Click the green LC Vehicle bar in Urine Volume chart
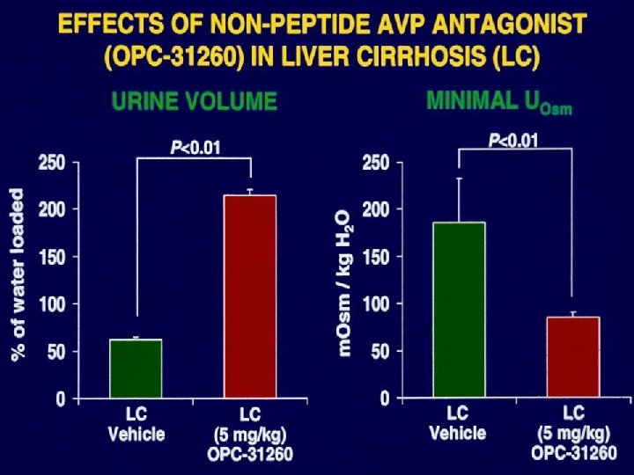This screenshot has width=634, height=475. (136, 369)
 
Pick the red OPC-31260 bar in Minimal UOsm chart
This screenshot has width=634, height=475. (573, 357)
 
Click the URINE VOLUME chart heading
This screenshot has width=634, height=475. (194, 102)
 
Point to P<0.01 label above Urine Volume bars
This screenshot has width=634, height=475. (195, 148)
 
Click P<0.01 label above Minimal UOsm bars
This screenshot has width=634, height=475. (513, 141)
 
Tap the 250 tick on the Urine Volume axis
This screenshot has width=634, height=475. (52, 163)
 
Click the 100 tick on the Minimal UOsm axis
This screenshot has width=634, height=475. (377, 304)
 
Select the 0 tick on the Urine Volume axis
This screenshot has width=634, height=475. (60, 399)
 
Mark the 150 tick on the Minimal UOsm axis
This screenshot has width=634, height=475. (377, 258)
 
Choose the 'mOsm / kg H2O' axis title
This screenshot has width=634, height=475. (344, 281)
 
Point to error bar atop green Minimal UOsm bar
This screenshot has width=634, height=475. (459, 200)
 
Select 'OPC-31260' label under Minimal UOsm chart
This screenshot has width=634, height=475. (573, 453)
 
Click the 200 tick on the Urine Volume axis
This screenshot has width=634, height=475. (52, 210)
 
